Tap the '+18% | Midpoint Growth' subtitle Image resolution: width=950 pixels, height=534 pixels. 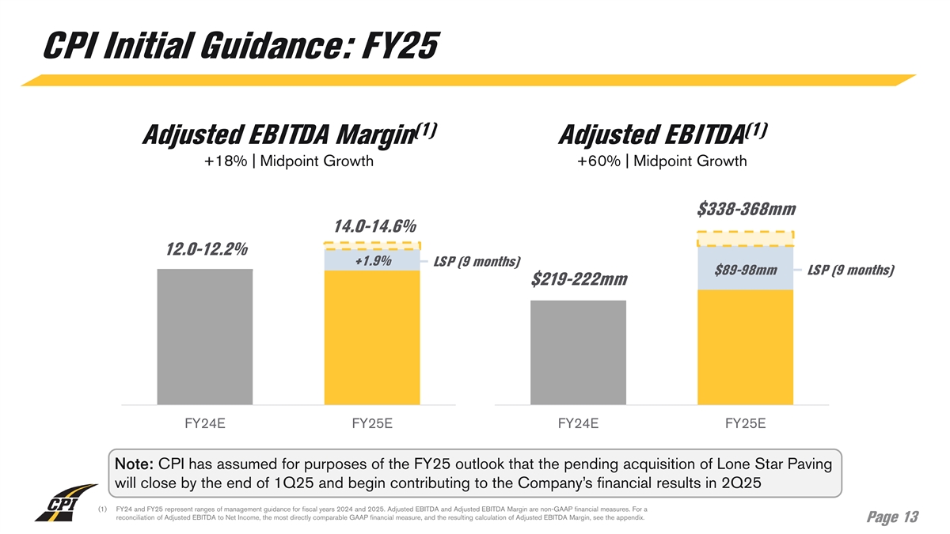288,162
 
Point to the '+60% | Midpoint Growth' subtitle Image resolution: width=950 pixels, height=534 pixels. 662,162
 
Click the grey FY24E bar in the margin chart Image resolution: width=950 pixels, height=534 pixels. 205,336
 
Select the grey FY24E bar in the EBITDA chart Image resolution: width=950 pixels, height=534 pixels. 579,352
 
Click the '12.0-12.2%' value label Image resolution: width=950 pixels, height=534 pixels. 207,250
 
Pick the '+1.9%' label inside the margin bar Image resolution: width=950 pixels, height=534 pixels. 372,261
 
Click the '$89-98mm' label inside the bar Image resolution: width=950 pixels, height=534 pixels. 745,271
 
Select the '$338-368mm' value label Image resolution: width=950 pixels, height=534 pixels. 746,209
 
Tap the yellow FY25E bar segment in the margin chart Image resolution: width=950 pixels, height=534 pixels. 372,337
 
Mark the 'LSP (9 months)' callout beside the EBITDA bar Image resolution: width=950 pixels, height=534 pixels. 850,271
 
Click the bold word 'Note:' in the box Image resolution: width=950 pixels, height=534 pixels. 135,463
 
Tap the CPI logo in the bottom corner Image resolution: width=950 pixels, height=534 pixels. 59,507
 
